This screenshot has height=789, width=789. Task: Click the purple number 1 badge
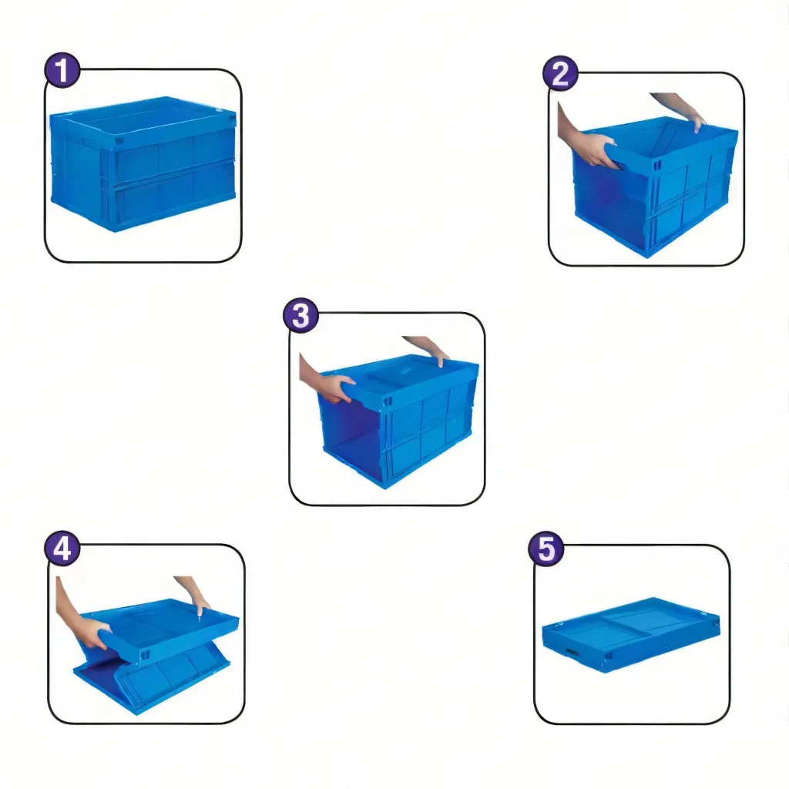coord(62,70)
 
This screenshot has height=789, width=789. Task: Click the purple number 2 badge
coord(560,73)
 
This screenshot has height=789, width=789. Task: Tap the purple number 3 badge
coord(301,316)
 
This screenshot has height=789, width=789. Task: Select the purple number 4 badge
coord(62,548)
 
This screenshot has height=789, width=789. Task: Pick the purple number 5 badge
coord(546,549)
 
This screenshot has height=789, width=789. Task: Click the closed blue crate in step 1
coord(143,163)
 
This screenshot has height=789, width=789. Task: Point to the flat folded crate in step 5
coord(631,634)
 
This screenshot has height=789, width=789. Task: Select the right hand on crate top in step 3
coord(428,348)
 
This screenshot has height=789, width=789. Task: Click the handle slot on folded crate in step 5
coord(572,652)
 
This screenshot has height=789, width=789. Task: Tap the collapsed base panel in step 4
coord(151,680)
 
